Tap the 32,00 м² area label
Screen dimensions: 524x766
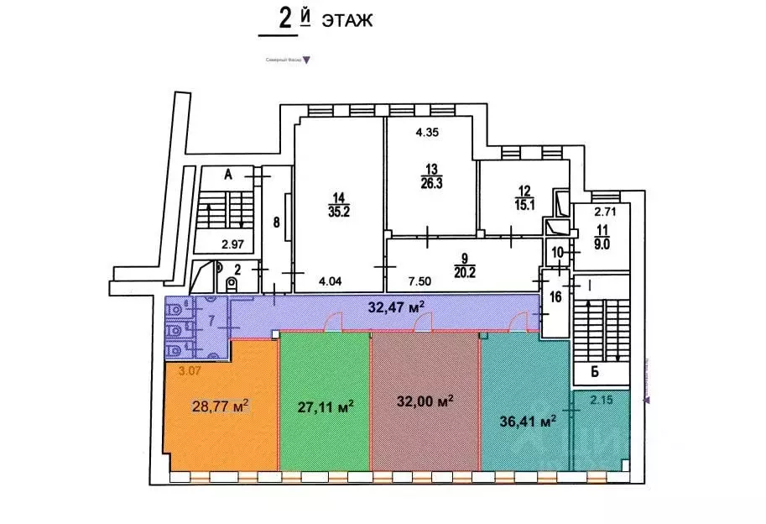pyautogui.click(x=425, y=401)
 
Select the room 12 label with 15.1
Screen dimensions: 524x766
pyautogui.click(x=525, y=196)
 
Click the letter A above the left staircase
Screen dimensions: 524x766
pyautogui.click(x=227, y=175)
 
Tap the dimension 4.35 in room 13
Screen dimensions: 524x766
pyautogui.click(x=428, y=132)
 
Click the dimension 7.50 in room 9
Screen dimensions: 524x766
pyautogui.click(x=419, y=282)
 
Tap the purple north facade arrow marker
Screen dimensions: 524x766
pyautogui.click(x=305, y=60)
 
